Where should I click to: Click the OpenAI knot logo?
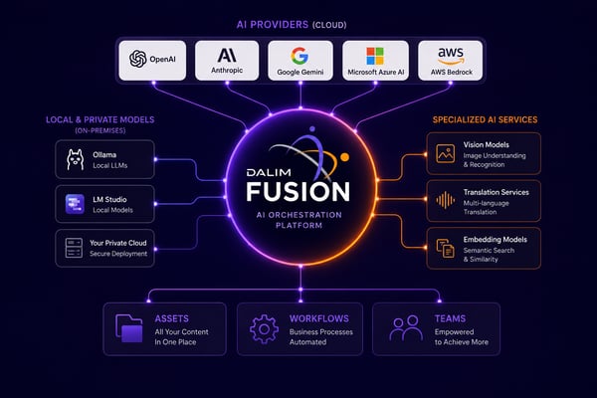(x=138, y=59)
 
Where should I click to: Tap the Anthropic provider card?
(x=227, y=61)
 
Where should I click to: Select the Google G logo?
(x=299, y=56)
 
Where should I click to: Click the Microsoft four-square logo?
(x=375, y=56)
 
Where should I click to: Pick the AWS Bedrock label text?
(x=452, y=72)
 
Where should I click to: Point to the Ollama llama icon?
(x=75, y=159)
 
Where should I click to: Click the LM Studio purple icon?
(x=75, y=204)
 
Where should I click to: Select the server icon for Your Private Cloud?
(x=74, y=248)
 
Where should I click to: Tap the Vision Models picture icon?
(x=446, y=153)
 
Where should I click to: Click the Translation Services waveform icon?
(x=446, y=200)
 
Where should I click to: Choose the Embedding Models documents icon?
(x=446, y=249)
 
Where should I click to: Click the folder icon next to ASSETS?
(x=129, y=328)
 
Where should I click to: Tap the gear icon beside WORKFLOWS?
(x=264, y=329)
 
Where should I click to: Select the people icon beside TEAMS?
(x=406, y=328)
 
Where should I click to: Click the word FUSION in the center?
(x=298, y=191)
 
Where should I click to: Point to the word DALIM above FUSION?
(x=269, y=172)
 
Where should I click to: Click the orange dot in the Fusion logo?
(x=344, y=156)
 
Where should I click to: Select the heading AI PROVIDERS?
(x=273, y=25)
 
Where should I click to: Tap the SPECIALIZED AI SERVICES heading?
(x=486, y=120)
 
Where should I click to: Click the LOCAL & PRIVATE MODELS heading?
(x=100, y=120)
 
